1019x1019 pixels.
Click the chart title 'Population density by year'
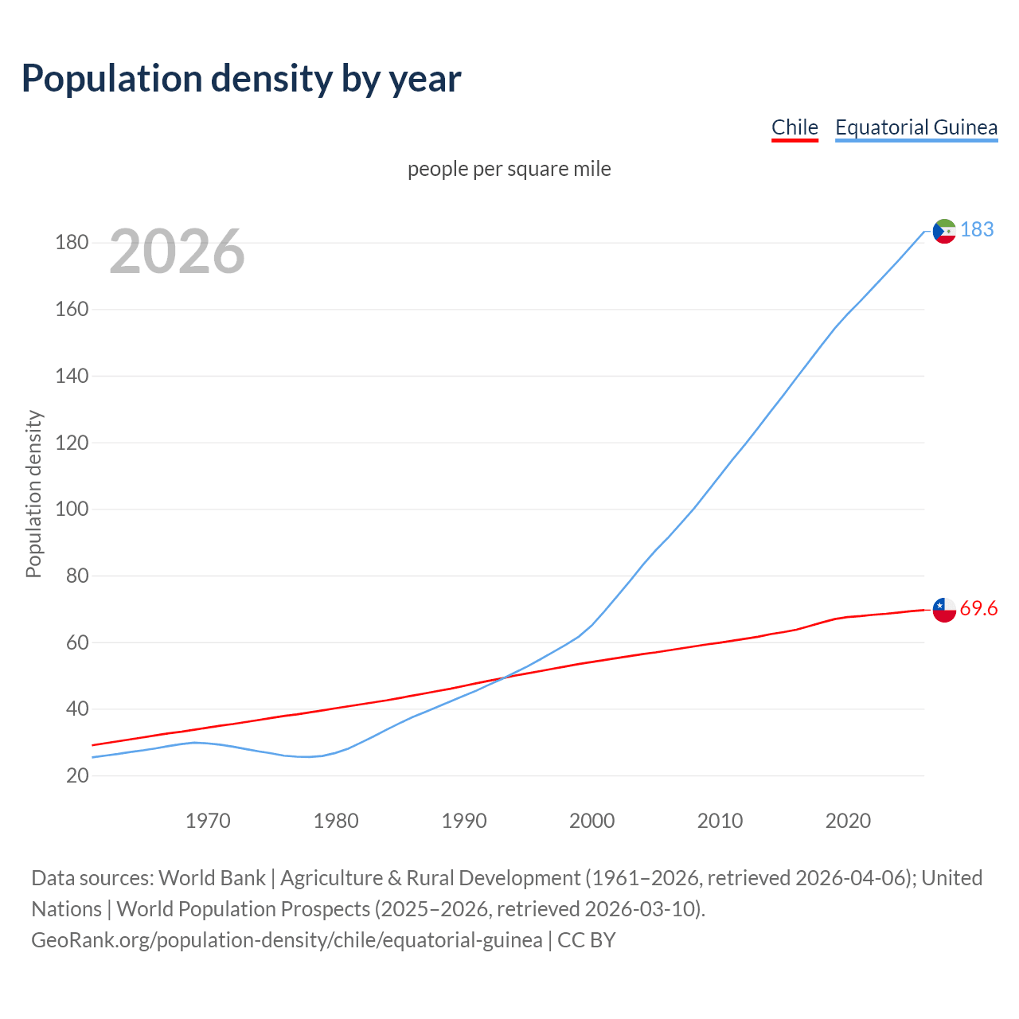tap(241, 79)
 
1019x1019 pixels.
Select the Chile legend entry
tap(795, 127)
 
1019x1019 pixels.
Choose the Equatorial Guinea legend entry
tap(916, 127)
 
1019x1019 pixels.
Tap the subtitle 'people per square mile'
tap(509, 170)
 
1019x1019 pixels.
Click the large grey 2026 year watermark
tap(177, 252)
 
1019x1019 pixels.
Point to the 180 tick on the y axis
tap(72, 243)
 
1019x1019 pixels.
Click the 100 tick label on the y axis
tap(72, 509)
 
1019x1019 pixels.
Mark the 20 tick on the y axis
tap(77, 775)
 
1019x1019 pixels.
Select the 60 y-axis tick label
tap(77, 642)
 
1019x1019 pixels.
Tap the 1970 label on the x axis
tap(208, 821)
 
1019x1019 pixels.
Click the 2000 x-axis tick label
tap(591, 821)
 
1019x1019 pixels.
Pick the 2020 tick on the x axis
tap(848, 821)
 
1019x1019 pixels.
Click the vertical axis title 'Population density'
tap(33, 494)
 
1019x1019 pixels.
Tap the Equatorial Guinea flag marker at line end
tap(944, 231)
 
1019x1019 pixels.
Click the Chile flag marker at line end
tap(944, 610)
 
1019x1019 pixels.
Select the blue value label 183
tap(977, 230)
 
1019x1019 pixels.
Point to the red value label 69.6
tap(978, 609)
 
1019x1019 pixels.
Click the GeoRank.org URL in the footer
tap(287, 940)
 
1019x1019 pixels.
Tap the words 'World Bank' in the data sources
tap(212, 878)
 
